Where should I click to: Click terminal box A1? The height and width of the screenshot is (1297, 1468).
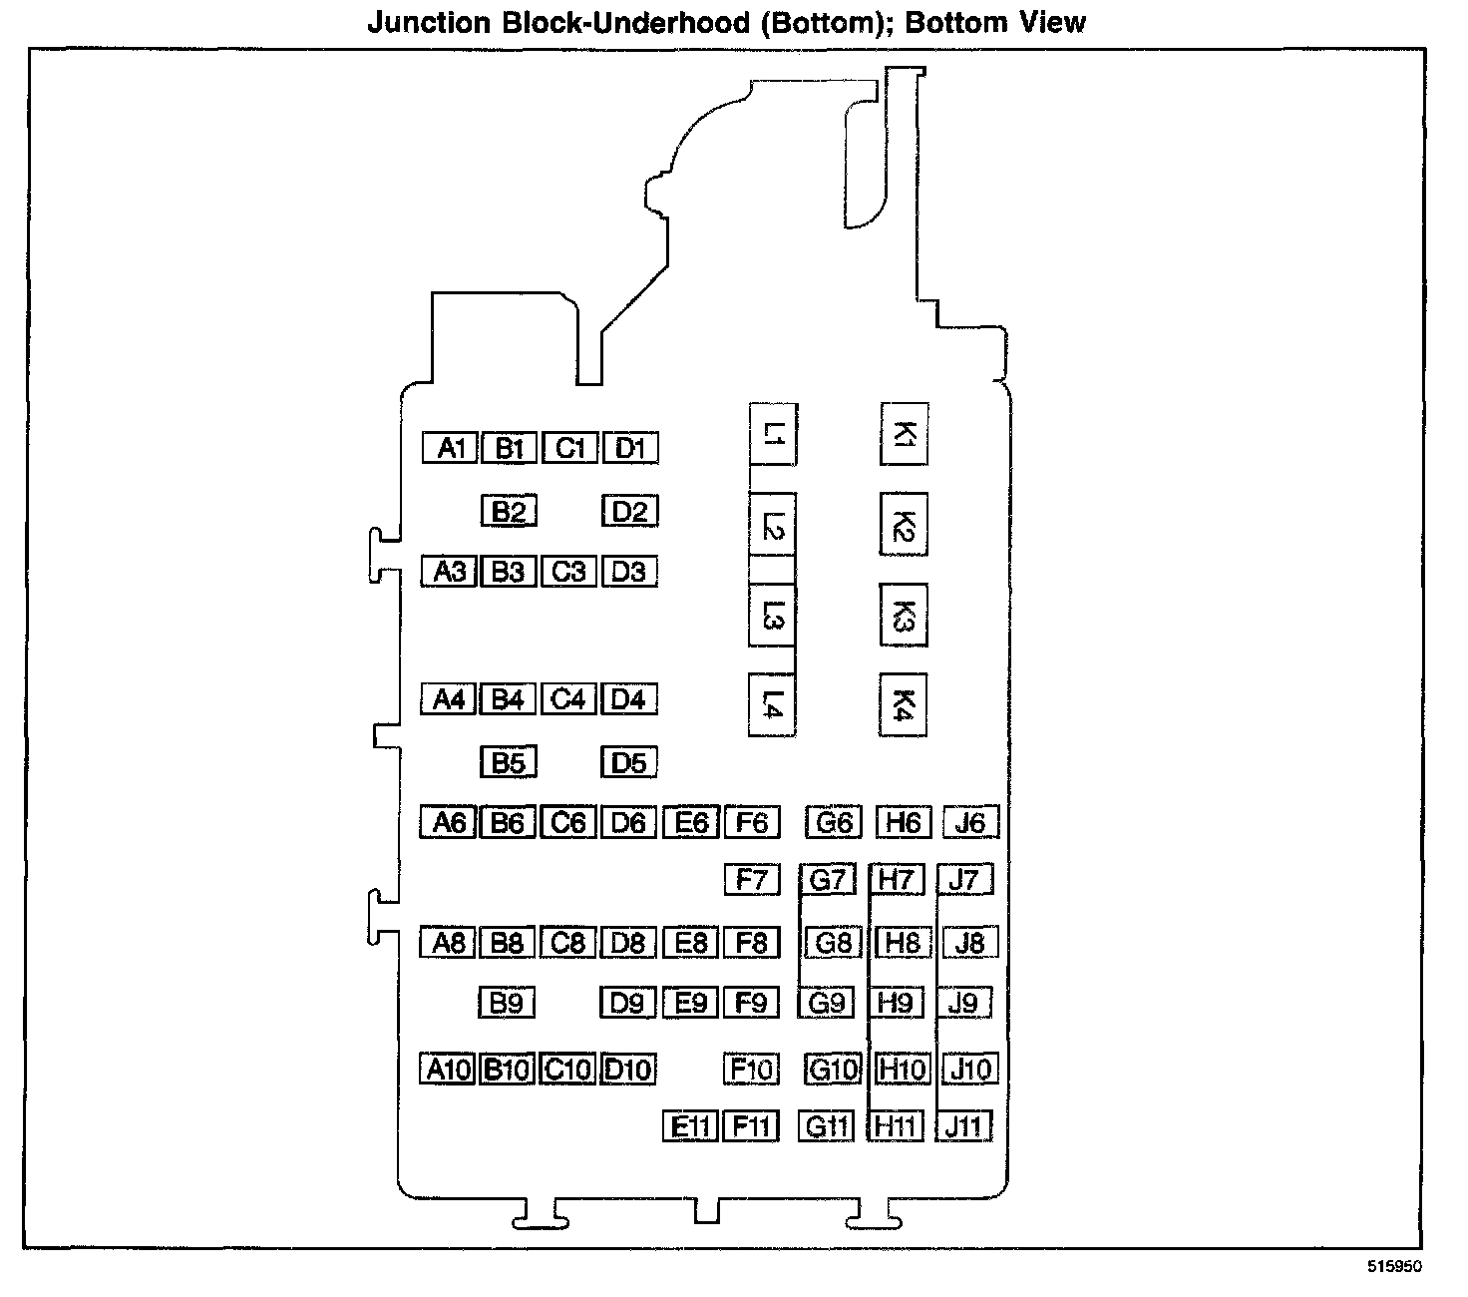coord(450,448)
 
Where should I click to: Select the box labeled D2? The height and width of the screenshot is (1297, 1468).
coord(629,512)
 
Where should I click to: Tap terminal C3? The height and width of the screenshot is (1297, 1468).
coord(568,572)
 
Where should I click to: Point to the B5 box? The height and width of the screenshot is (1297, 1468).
coord(509,763)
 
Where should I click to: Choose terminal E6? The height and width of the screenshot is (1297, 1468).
coord(690,822)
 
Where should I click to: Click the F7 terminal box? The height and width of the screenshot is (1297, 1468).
coord(751,880)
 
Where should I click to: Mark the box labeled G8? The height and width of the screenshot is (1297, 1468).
coord(833,943)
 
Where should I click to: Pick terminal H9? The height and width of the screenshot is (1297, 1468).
coord(896,1003)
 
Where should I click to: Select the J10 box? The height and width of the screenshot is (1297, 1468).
coord(969,1070)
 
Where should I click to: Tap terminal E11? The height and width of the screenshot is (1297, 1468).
coord(690,1126)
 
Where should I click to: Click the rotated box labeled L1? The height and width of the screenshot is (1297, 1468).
coord(773,434)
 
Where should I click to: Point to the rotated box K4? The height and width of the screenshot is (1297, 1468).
coord(904,705)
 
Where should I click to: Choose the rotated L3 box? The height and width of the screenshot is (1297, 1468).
coord(773,616)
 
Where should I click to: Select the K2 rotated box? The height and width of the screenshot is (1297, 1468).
coord(904,524)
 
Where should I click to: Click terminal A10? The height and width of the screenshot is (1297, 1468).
coord(448,1070)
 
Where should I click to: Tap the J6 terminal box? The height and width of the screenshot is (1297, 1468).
coord(969,822)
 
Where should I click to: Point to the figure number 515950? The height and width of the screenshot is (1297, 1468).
coord(1394,1267)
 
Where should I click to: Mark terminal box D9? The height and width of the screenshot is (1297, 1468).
coord(627,1003)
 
